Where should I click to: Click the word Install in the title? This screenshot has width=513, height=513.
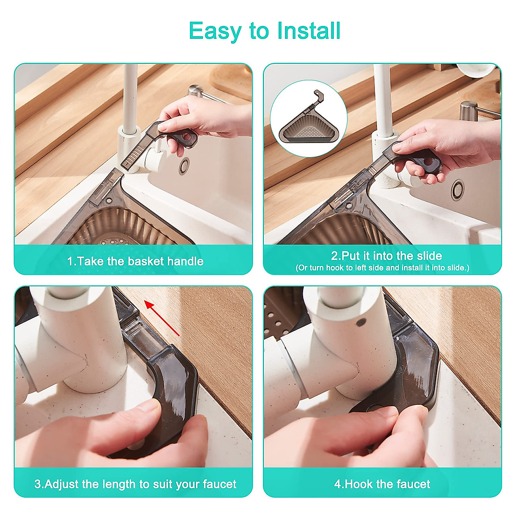pos(309,31)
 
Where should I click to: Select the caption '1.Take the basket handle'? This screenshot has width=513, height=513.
pos(135,261)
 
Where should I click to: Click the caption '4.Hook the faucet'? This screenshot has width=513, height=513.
pos(382,484)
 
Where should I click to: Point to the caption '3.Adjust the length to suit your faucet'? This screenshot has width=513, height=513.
pos(135,484)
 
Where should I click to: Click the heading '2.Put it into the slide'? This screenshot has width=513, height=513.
pos(386,256)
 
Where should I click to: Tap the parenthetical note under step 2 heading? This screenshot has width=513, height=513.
pos(382,268)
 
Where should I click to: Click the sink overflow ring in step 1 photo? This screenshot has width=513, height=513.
pos(184,165)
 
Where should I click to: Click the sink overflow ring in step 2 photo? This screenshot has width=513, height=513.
pos(457,189)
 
